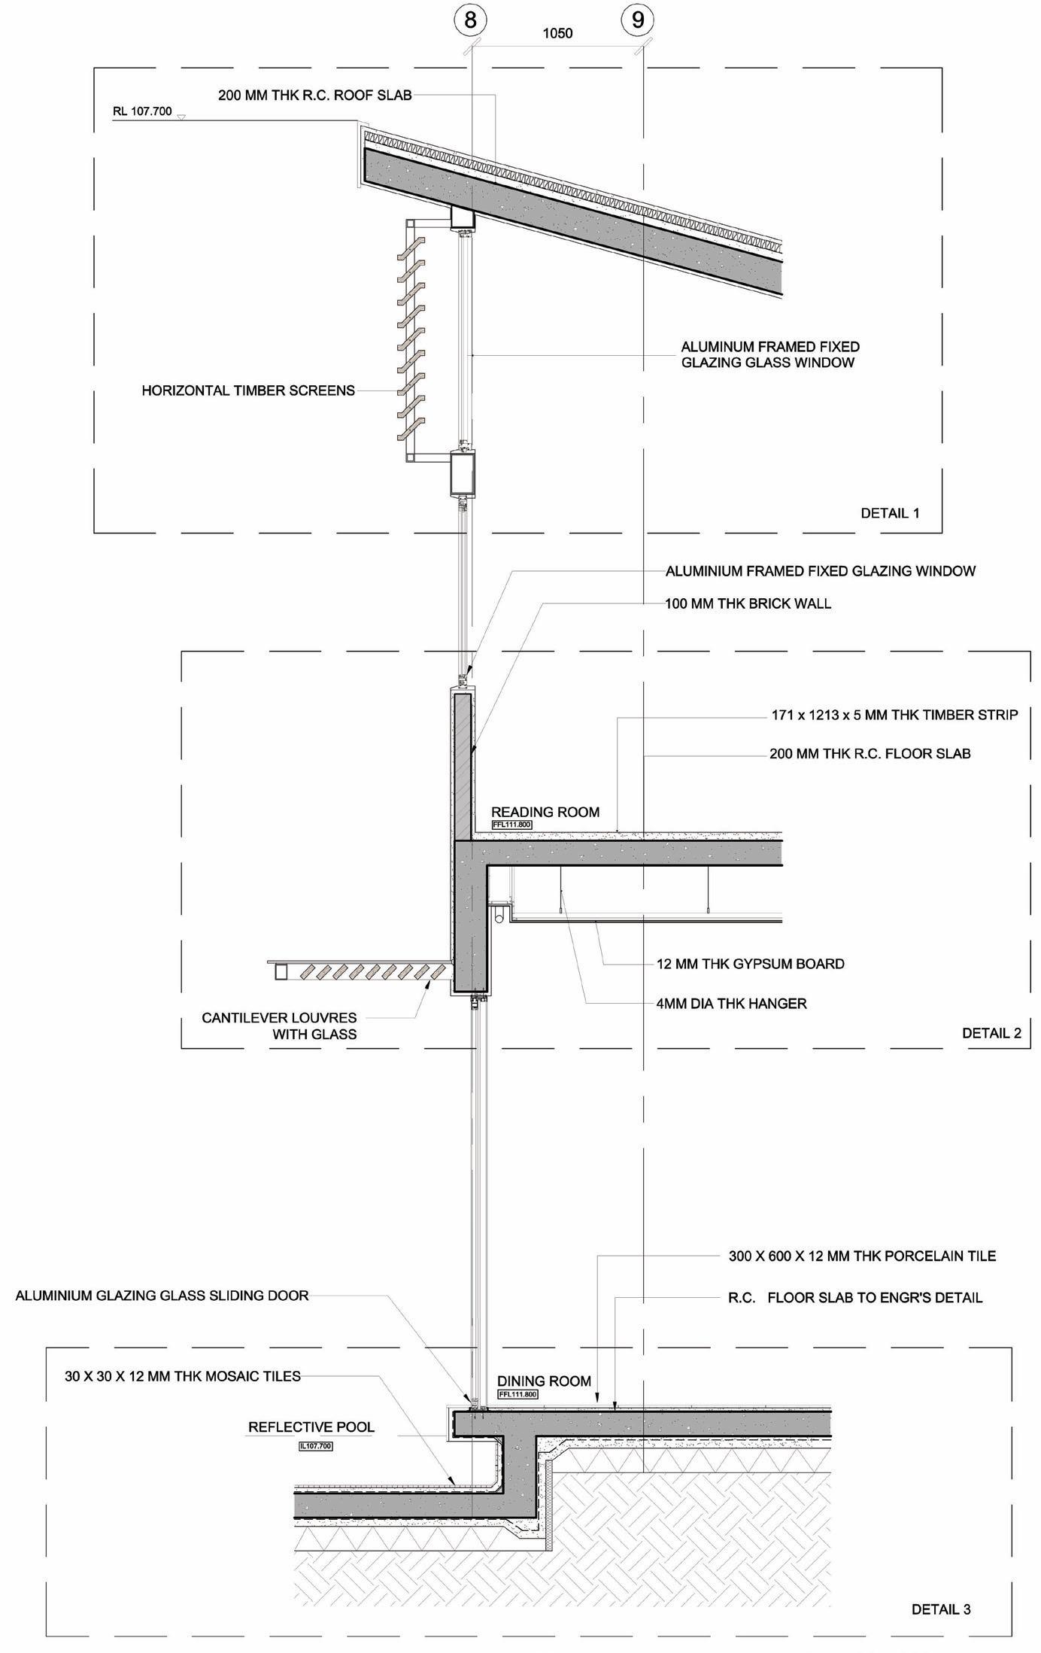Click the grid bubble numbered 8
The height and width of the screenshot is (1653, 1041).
(x=471, y=20)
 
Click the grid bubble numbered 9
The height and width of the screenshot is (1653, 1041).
(x=638, y=20)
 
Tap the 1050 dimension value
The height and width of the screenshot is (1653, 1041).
(x=557, y=33)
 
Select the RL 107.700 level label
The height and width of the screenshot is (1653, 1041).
(x=142, y=112)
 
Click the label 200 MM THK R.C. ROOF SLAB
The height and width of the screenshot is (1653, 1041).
(x=314, y=96)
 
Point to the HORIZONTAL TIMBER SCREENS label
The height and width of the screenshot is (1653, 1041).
(x=248, y=390)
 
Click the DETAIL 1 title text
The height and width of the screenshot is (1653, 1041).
(x=890, y=513)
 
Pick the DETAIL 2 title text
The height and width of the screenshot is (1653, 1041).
(x=991, y=1033)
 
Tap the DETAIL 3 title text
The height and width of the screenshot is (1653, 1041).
(x=941, y=1609)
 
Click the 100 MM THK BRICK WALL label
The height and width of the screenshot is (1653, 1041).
(x=748, y=603)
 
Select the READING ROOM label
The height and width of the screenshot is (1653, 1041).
(x=545, y=812)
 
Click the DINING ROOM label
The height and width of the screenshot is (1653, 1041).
(x=544, y=1381)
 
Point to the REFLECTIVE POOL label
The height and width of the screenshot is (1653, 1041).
(x=311, y=1427)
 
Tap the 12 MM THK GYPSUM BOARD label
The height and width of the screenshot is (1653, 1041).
(x=750, y=964)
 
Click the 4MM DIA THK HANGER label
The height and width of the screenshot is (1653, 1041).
(x=731, y=1003)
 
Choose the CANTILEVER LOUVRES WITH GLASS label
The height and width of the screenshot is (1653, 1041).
(x=279, y=1026)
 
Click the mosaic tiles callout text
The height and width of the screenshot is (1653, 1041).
(x=183, y=1376)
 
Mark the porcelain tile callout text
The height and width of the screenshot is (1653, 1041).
(x=862, y=1256)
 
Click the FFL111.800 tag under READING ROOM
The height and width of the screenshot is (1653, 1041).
(x=511, y=825)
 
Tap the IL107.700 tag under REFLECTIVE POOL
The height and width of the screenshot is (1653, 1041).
(x=315, y=1445)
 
